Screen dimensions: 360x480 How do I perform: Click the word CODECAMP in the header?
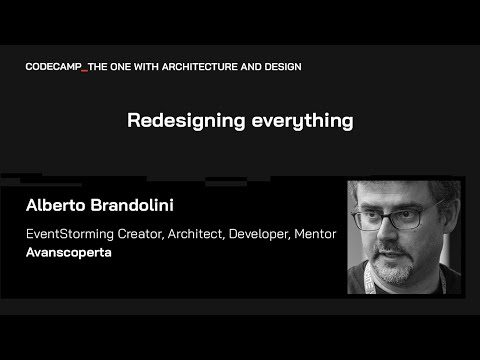53,66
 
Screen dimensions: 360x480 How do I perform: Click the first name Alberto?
57,207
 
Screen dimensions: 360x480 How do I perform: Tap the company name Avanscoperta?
69,254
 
